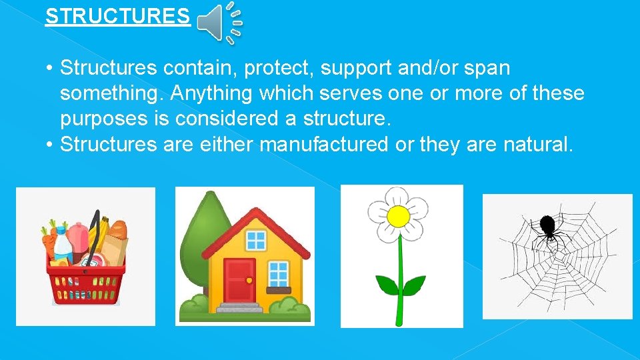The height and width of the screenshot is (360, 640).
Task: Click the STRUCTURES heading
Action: (x=117, y=16)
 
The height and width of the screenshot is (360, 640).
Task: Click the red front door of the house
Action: (x=239, y=279)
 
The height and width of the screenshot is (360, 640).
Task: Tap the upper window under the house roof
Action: (x=256, y=239)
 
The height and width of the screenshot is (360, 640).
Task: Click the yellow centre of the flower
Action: (x=398, y=216)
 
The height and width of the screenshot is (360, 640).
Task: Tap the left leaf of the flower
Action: (x=386, y=286)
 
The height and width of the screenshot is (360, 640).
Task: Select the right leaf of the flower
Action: (x=413, y=285)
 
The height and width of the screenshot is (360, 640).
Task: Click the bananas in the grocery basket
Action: (x=102, y=230)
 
